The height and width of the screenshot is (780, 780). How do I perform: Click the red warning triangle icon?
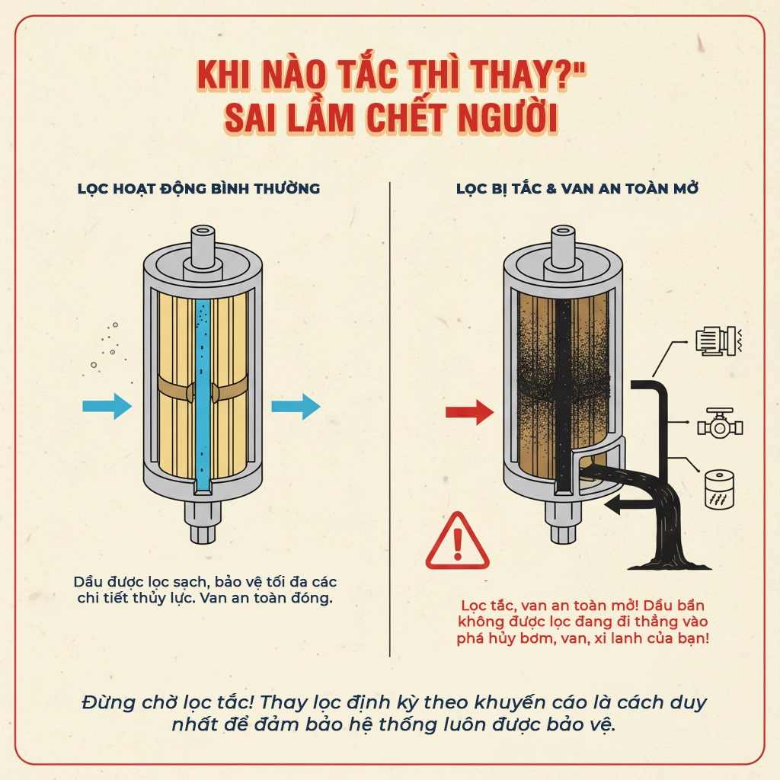click(457, 542)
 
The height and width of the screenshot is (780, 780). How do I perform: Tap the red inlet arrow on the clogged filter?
click(469, 413)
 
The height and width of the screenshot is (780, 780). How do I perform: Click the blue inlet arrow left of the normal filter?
click(107, 405)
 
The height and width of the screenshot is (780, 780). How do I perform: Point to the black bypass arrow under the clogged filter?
click(622, 503)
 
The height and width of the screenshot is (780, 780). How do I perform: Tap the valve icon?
click(718, 424)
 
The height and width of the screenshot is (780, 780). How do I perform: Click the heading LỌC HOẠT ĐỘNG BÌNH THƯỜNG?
click(199, 188)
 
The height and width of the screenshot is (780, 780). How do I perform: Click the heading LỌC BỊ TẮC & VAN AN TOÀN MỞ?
click(577, 188)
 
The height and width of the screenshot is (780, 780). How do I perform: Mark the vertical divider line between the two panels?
click(390, 419)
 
